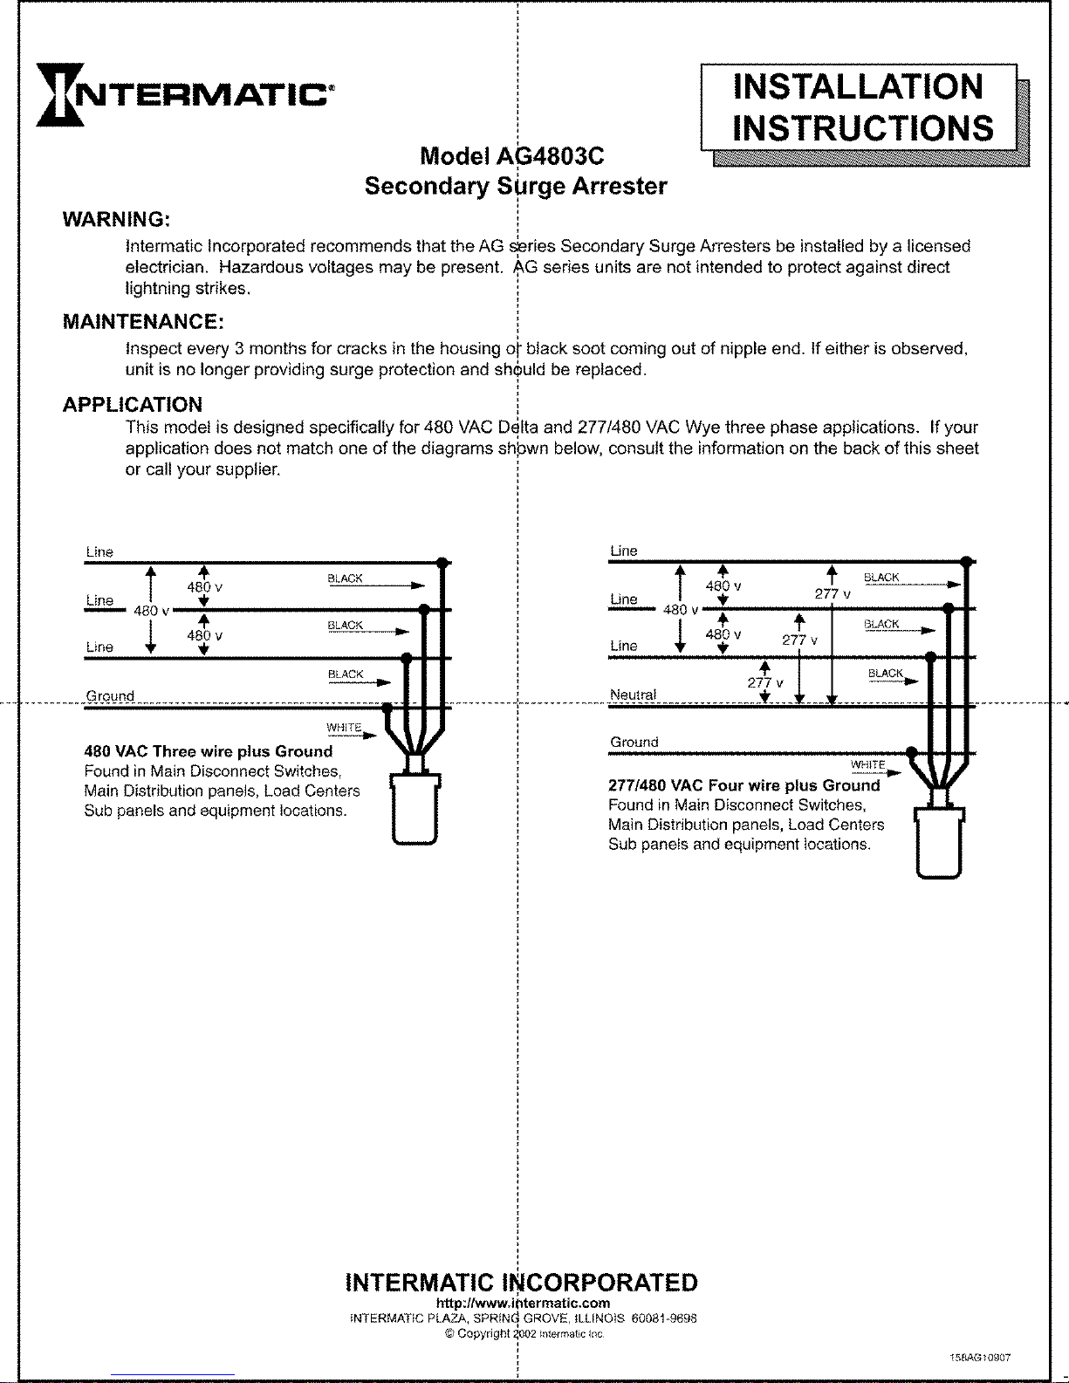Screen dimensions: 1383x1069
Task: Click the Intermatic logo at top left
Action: [183, 94]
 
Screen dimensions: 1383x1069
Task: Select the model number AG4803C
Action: [550, 156]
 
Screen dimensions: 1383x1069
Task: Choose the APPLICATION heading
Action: [133, 405]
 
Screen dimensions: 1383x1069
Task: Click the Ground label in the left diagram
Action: [110, 696]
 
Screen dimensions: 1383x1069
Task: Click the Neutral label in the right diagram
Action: [633, 695]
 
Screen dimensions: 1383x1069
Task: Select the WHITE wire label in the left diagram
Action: [344, 728]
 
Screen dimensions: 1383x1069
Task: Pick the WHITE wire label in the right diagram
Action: [867, 765]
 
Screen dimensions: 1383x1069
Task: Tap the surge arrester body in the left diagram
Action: [415, 810]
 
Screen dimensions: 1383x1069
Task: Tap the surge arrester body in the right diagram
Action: [939, 843]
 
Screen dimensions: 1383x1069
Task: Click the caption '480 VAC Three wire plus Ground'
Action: [209, 751]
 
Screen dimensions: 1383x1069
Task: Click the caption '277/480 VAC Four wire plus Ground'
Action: [744, 785]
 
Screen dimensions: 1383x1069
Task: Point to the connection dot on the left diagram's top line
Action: [442, 563]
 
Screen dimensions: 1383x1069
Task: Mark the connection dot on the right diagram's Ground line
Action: [911, 752]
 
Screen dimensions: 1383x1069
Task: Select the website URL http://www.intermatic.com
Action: [523, 1303]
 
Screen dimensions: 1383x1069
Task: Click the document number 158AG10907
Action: [980, 1358]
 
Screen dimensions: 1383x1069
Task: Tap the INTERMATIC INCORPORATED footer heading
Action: [522, 1283]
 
